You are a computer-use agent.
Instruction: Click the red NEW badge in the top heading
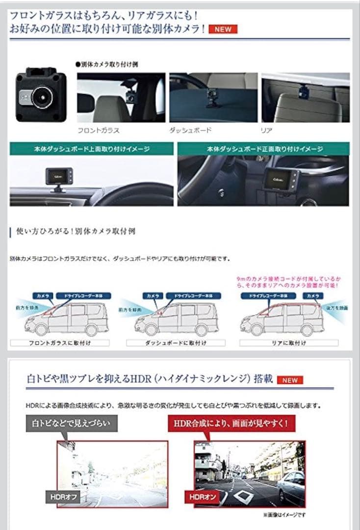(x=223, y=29)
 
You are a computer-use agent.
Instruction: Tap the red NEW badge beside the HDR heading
(x=290, y=380)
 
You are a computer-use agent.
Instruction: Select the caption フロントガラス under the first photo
(x=99, y=131)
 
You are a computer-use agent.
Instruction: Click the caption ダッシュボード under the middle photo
(x=191, y=131)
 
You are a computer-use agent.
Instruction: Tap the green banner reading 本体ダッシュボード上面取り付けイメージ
(x=92, y=149)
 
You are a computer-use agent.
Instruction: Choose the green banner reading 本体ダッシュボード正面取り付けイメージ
(x=263, y=149)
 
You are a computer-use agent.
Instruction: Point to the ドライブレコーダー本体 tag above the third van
(x=265, y=296)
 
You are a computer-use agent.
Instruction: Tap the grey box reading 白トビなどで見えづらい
(x=72, y=423)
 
